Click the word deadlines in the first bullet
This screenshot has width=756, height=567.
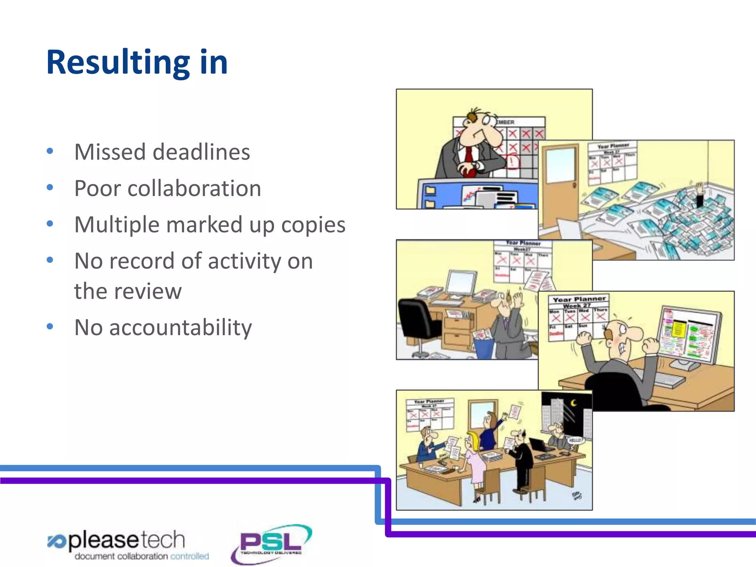[201, 152]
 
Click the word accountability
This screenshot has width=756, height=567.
[181, 327]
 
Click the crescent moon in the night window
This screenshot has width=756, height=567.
[573, 403]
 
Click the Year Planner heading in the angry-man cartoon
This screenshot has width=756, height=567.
[579, 299]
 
